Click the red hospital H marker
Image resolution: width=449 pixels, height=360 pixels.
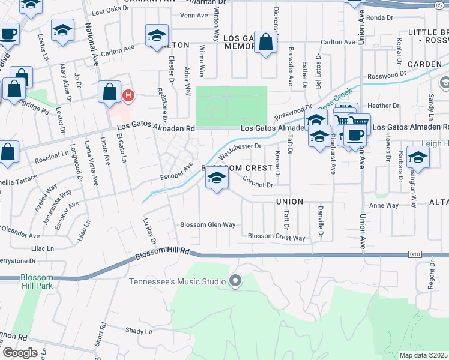point(128,95)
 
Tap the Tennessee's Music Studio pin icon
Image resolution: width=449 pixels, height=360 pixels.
point(235,281)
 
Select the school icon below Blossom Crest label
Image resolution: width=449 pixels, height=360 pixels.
point(217,178)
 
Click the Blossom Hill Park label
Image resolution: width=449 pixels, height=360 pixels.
point(36,281)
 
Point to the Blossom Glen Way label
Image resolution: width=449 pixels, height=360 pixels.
point(208,225)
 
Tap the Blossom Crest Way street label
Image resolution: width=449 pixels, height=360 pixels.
point(277,237)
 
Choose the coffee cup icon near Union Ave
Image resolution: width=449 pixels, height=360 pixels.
point(356,133)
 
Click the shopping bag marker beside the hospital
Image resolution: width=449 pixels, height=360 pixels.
point(110,92)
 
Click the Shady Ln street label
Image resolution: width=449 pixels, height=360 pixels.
point(140,331)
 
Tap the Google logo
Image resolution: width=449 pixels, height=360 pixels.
point(20,353)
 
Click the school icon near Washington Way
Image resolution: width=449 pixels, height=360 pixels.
point(418,158)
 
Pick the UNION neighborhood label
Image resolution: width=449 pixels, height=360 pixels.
point(289,202)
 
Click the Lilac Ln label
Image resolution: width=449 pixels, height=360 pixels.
point(41,248)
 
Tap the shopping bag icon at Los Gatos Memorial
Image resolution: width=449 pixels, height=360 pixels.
point(265,43)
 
